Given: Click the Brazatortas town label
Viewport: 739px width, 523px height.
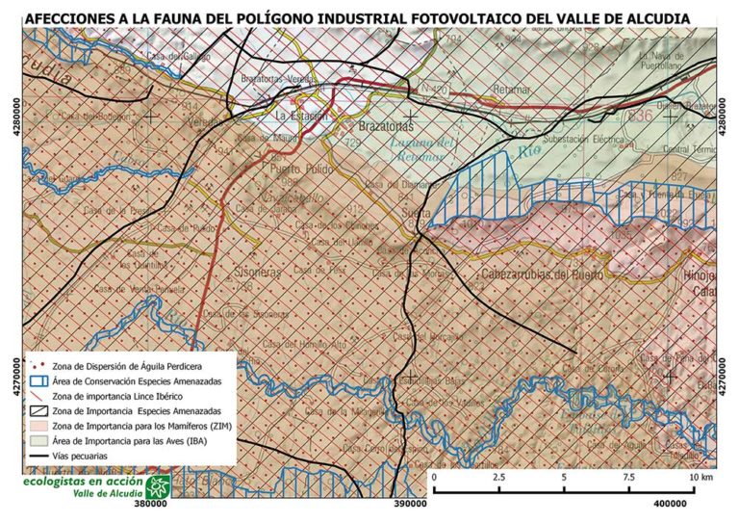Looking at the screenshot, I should pos(385,126).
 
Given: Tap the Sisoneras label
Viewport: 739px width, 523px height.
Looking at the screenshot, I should pos(256,273).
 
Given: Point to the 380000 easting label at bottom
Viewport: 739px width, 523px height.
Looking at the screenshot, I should pos(153,502).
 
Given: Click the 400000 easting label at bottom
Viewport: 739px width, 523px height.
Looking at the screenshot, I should pos(667,502).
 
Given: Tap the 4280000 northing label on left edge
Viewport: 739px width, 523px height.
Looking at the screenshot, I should pos(13,118).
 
